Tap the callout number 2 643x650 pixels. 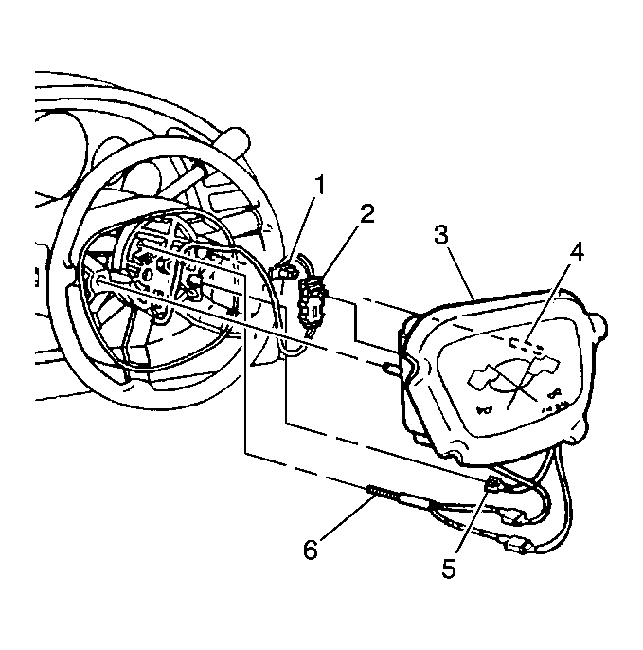(x=366, y=213)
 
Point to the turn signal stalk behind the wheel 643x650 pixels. (x=232, y=142)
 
